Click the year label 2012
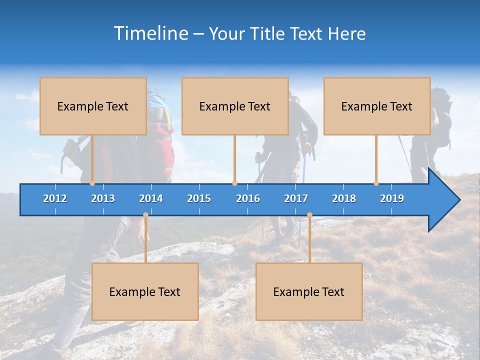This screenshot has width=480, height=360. click(55, 198)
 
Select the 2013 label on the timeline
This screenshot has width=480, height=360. click(103, 198)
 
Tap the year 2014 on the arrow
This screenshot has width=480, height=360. click(151, 198)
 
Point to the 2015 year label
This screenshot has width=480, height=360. click(199, 198)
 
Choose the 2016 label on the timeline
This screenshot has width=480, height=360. click(248, 198)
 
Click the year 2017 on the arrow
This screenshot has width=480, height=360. click(296, 198)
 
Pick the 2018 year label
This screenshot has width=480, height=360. click(344, 198)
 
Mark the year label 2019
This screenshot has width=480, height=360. click(392, 198)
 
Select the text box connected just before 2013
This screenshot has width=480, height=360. click(93, 106)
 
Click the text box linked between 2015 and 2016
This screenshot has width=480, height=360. click(235, 106)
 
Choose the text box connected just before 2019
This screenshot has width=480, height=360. click(377, 106)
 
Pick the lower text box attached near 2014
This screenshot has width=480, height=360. click(145, 291)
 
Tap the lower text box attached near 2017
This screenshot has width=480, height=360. click(309, 291)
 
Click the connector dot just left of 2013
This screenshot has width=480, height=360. click(92, 183)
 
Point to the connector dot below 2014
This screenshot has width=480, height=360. click(145, 215)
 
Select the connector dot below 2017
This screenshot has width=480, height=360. click(309, 215)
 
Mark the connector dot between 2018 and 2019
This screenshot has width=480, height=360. click(376, 183)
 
